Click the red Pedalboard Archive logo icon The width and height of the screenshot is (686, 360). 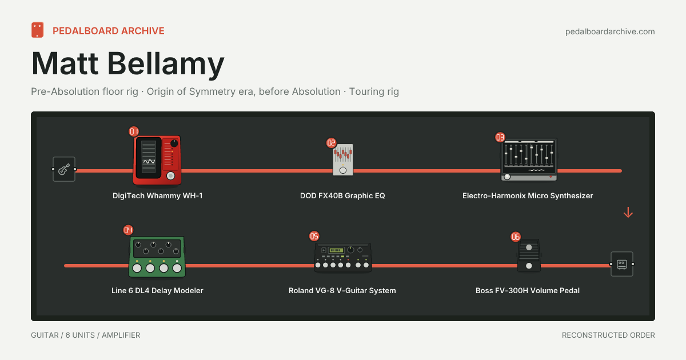[37, 30]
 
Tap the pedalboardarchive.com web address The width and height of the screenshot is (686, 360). [610, 31]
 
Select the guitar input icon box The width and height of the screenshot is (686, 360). [64, 169]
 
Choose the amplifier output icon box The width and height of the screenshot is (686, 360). [622, 264]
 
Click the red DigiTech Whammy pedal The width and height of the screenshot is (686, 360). [157, 160]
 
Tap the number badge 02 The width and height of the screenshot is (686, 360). [332, 143]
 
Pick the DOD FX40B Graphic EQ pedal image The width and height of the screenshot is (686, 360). [343, 160]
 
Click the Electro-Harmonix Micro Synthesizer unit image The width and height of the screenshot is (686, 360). [529, 159]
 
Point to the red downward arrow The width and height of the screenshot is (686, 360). [628, 213]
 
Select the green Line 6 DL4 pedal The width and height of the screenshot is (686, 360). [157, 257]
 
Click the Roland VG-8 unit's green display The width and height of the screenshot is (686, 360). [336, 250]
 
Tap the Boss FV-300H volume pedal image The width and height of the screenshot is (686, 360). [529, 255]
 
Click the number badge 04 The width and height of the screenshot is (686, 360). [128, 230]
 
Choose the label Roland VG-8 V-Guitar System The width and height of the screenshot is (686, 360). [342, 290]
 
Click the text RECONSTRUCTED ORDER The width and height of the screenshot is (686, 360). [608, 335]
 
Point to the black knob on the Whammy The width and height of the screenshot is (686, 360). [174, 143]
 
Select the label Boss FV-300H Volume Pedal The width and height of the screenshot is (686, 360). [527, 290]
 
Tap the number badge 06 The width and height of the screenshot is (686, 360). [516, 237]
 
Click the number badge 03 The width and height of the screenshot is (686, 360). [500, 137]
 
